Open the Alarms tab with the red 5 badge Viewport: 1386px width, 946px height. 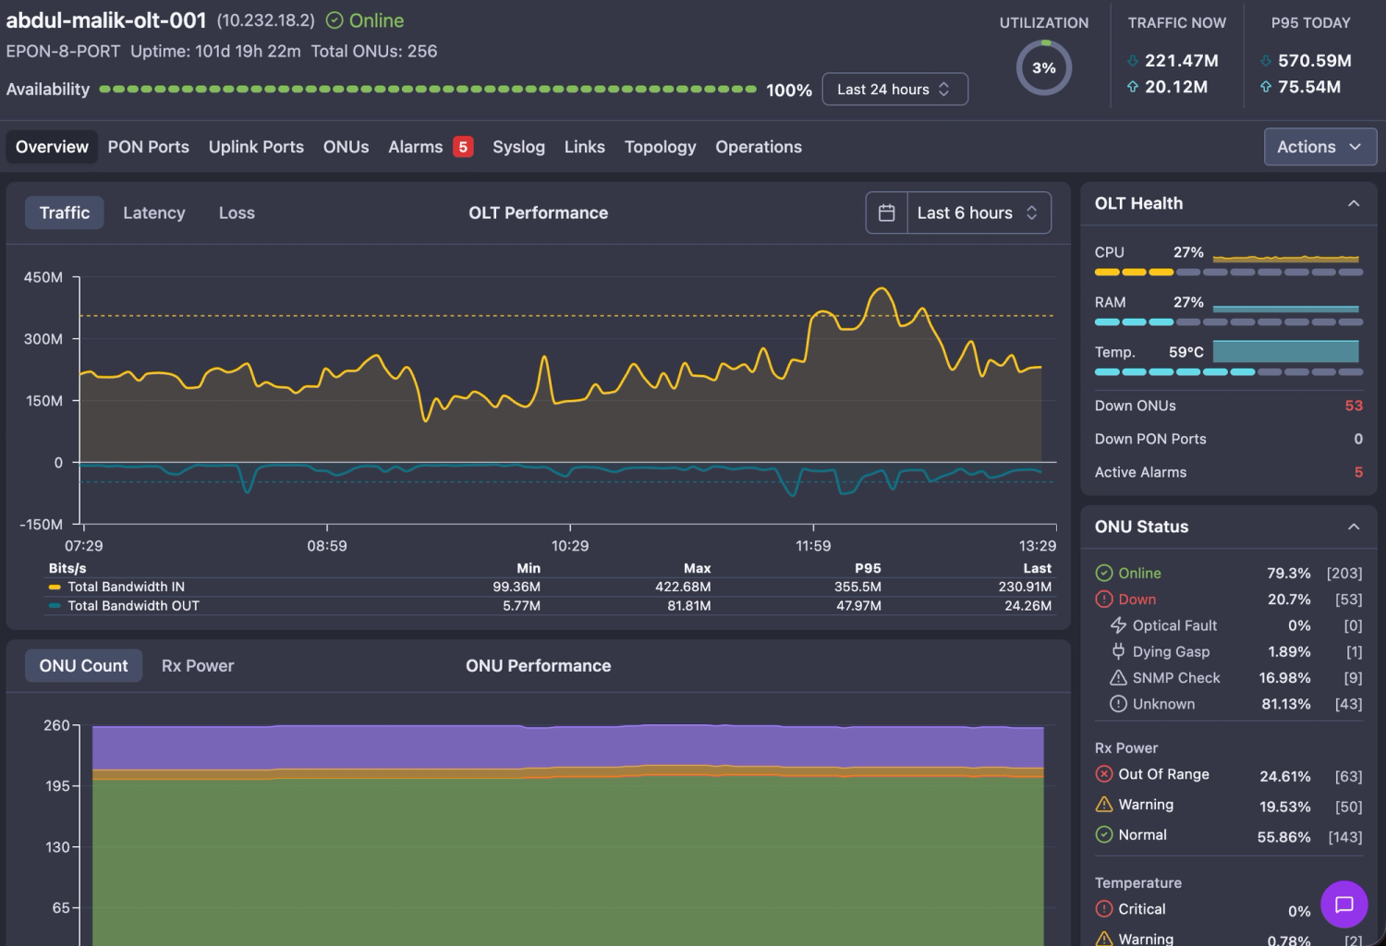click(430, 147)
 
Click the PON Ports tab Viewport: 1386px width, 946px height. click(149, 147)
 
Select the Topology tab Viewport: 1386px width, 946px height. click(660, 147)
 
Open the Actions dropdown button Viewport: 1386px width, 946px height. click(1319, 147)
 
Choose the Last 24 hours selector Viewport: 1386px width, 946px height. click(894, 89)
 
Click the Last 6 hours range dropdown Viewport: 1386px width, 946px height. click(979, 212)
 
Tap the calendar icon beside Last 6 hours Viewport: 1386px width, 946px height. click(887, 212)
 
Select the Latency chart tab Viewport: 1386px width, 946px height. click(154, 212)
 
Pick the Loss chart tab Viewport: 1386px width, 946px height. click(237, 212)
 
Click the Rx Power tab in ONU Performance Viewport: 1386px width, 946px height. click(198, 666)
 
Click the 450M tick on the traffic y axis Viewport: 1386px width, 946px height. click(43, 277)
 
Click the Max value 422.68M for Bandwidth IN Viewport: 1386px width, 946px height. click(683, 587)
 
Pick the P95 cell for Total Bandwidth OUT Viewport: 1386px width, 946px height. click(858, 606)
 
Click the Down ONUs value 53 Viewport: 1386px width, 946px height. click(1354, 406)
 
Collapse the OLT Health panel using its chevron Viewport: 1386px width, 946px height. click(1354, 203)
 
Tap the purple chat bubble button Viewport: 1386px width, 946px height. click(1343, 904)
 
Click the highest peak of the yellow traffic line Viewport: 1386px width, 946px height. click(881, 288)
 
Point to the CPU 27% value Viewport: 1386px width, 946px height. click(1188, 252)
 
